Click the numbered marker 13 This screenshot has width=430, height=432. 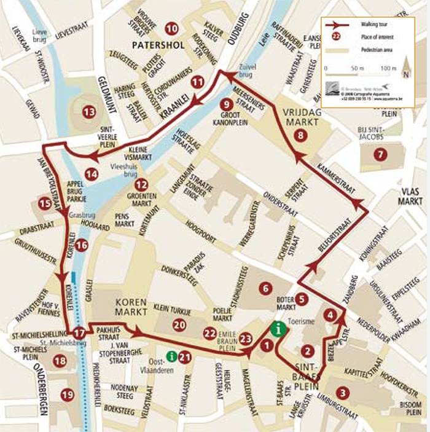coord(90,112)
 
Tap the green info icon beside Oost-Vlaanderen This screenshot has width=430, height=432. coord(173,355)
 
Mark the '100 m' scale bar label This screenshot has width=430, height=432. coord(390,67)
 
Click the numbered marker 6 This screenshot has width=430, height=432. coord(265,288)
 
